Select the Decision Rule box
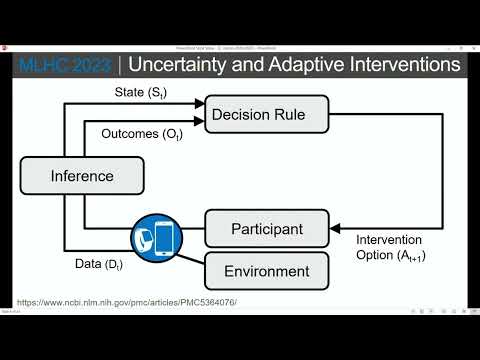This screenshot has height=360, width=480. tap(256, 114)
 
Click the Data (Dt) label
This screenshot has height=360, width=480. tap(102, 264)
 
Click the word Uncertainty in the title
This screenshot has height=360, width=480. tap(192, 64)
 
